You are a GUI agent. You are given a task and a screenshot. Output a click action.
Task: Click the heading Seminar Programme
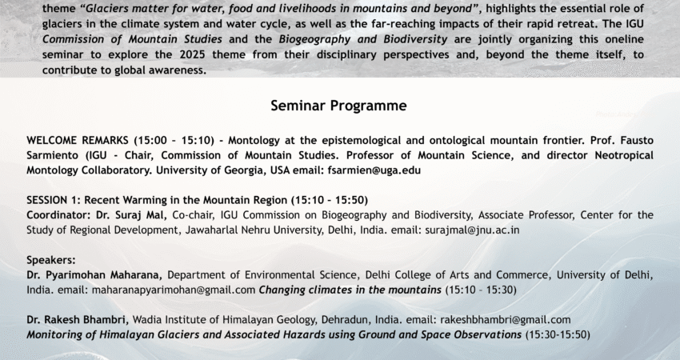click(339, 106)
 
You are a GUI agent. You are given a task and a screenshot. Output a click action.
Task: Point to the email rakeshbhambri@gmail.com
click(503, 320)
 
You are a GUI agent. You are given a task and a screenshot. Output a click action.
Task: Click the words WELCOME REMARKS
click(74, 140)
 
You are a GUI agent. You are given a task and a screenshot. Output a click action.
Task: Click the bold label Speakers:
click(50, 260)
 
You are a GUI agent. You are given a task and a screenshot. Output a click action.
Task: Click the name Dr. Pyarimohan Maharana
click(94, 275)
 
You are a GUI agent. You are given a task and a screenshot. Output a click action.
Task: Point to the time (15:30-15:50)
click(558, 334)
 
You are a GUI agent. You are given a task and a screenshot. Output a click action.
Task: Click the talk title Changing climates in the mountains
click(350, 290)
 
